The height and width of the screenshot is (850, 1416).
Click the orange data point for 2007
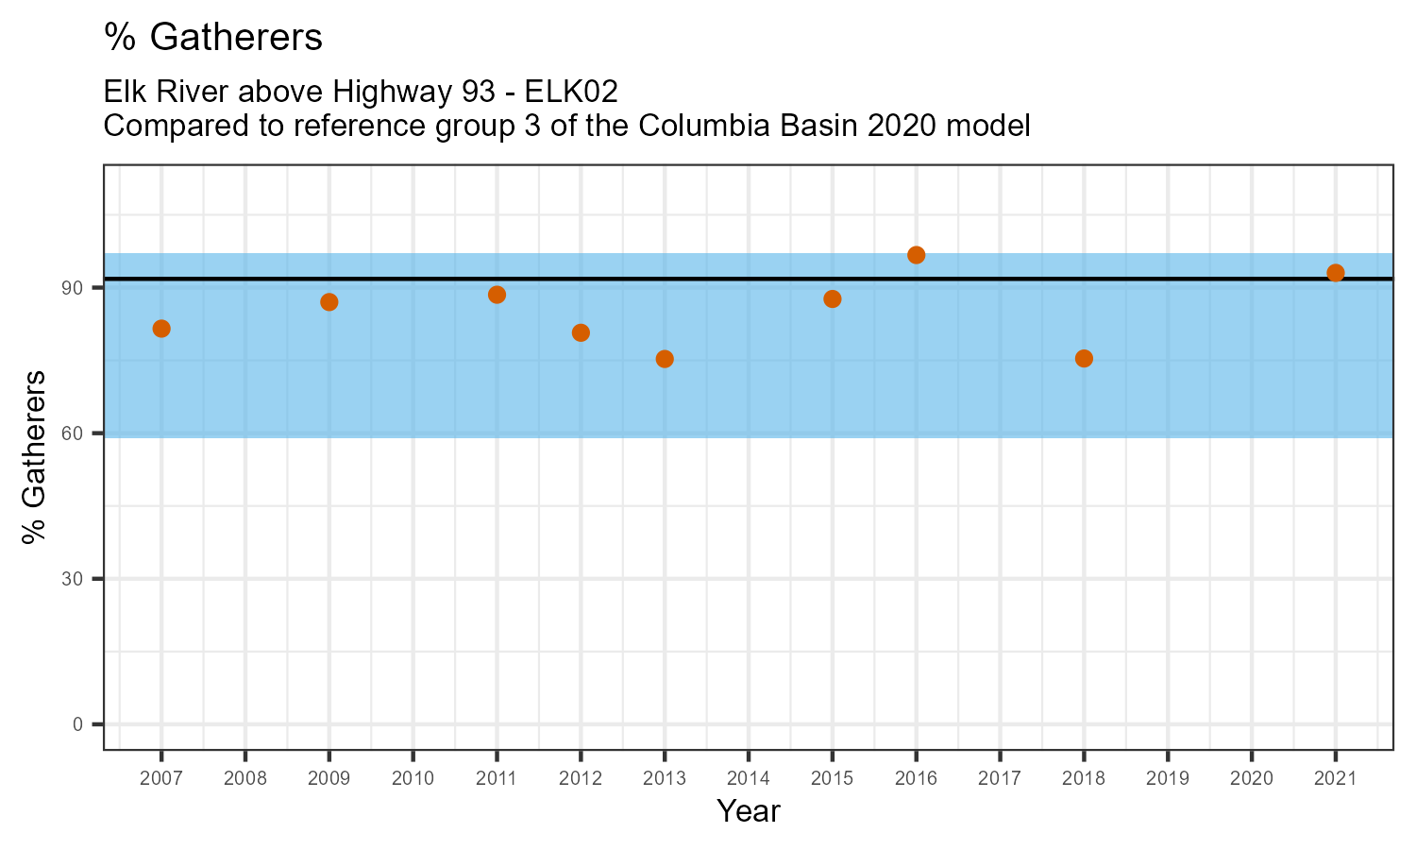[x=161, y=329]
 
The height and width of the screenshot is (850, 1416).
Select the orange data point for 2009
[x=329, y=302]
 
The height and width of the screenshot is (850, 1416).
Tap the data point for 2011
[x=497, y=295]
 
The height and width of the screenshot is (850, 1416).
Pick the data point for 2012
[x=581, y=332]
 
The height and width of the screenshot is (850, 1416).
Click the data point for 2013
[x=665, y=359]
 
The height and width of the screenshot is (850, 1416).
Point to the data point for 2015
[x=833, y=299]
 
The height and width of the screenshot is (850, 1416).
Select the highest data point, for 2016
[x=916, y=255]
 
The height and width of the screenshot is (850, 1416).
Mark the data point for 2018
[x=1084, y=358]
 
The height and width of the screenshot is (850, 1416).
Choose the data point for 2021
[x=1336, y=273]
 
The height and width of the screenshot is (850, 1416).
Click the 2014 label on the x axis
[x=749, y=779]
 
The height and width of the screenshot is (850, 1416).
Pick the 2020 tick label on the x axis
[x=1252, y=779]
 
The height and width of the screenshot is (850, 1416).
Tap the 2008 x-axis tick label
[x=245, y=779]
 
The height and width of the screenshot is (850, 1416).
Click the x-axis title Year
[x=749, y=811]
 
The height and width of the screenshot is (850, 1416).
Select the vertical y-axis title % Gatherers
[x=35, y=457]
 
